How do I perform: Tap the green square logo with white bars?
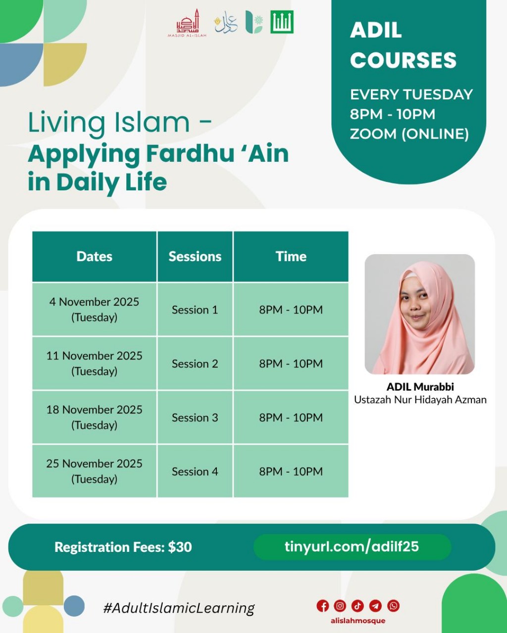(x=282, y=22)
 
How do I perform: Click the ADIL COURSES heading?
(x=403, y=45)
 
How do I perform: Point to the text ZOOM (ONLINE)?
(x=409, y=134)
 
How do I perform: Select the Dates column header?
(x=94, y=256)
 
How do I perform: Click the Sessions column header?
(x=195, y=256)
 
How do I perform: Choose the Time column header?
(x=291, y=256)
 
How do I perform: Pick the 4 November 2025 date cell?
(x=94, y=310)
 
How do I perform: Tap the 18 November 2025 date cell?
(x=94, y=417)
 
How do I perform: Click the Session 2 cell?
(x=195, y=363)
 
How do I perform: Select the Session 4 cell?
(x=195, y=471)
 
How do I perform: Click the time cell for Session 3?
(x=291, y=417)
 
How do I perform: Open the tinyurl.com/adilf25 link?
(x=352, y=546)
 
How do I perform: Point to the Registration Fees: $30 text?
(x=123, y=547)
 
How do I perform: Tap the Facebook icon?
(x=322, y=606)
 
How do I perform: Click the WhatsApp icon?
(x=394, y=606)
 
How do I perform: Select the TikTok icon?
(x=358, y=606)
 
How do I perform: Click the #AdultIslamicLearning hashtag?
(x=179, y=608)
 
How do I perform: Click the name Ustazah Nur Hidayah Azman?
(x=420, y=400)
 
